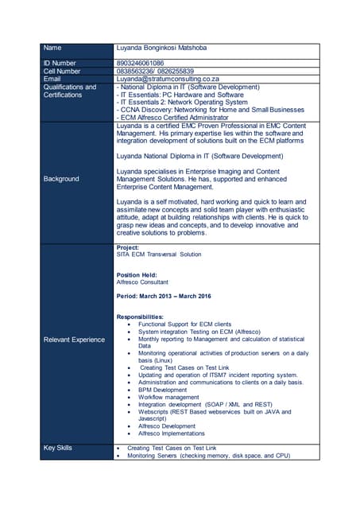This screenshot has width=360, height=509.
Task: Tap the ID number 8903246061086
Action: click(x=140, y=63)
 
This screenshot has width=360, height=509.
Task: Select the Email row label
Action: click(x=52, y=80)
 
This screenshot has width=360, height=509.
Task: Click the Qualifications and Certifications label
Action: click(x=70, y=91)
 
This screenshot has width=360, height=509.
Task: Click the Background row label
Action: click(x=61, y=179)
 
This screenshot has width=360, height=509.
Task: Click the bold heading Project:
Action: click(x=129, y=247)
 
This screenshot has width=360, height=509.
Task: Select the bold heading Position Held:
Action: click(x=140, y=275)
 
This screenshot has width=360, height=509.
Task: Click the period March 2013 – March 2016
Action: click(x=164, y=297)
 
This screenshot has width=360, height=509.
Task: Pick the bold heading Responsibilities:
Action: click(x=140, y=317)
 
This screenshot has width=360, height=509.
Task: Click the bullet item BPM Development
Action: click(x=163, y=390)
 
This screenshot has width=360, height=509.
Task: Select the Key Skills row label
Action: click(x=58, y=449)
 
